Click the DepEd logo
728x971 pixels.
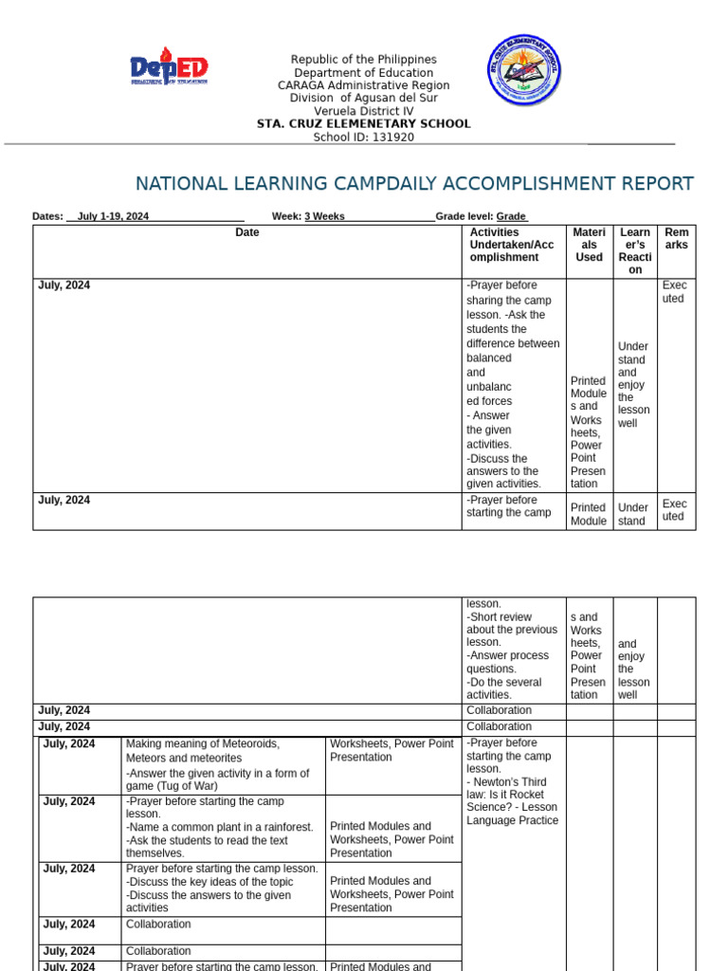point(169,68)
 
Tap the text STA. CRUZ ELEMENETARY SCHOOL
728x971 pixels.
point(363,124)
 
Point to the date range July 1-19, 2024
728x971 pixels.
point(113,216)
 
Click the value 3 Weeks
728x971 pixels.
point(324,216)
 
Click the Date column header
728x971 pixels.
point(247,232)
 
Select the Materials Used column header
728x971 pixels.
point(589,245)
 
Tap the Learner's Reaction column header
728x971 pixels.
point(634,251)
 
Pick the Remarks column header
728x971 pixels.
point(677,239)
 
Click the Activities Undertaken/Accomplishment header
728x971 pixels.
point(511,245)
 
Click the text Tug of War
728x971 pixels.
point(189,786)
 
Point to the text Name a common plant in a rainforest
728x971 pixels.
point(219,827)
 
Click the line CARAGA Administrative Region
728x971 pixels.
point(363,85)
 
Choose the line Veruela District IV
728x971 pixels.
point(363,111)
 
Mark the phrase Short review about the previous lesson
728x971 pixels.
point(511,630)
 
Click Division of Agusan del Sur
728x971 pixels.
point(363,99)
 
